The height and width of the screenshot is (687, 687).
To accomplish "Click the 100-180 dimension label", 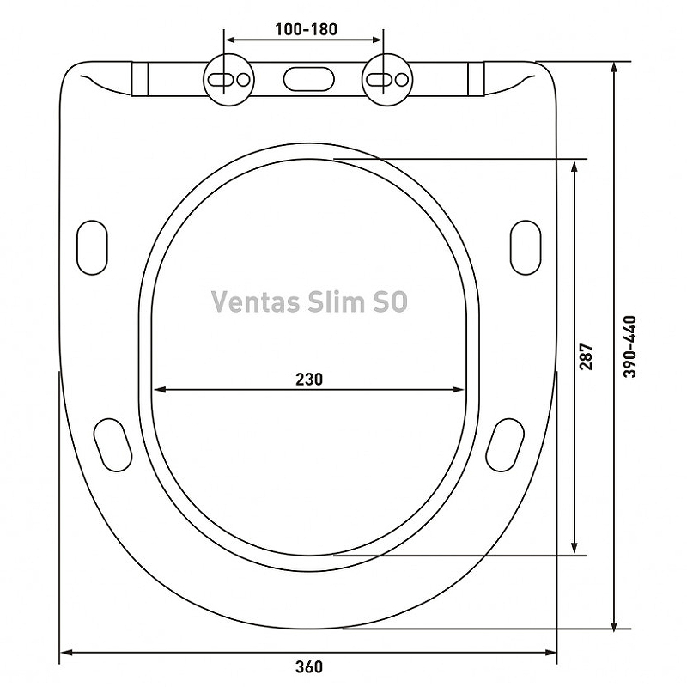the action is coord(306,29).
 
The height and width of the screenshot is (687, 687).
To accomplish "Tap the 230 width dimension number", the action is coord(309,379).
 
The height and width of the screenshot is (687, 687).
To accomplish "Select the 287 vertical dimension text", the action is coord(586,356).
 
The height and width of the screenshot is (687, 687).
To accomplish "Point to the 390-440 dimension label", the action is coord(629,346).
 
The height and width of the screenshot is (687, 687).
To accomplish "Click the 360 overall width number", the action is coord(309,666).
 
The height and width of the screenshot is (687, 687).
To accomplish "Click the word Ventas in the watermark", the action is coord(256,301).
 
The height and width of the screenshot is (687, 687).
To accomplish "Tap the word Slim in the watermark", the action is coord(336,301).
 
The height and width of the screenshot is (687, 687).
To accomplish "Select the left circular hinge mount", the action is coord(228,79).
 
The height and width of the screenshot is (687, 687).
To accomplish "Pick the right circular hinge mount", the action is coord(387,79).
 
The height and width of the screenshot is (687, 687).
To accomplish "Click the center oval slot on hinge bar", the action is coord(308,79).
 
